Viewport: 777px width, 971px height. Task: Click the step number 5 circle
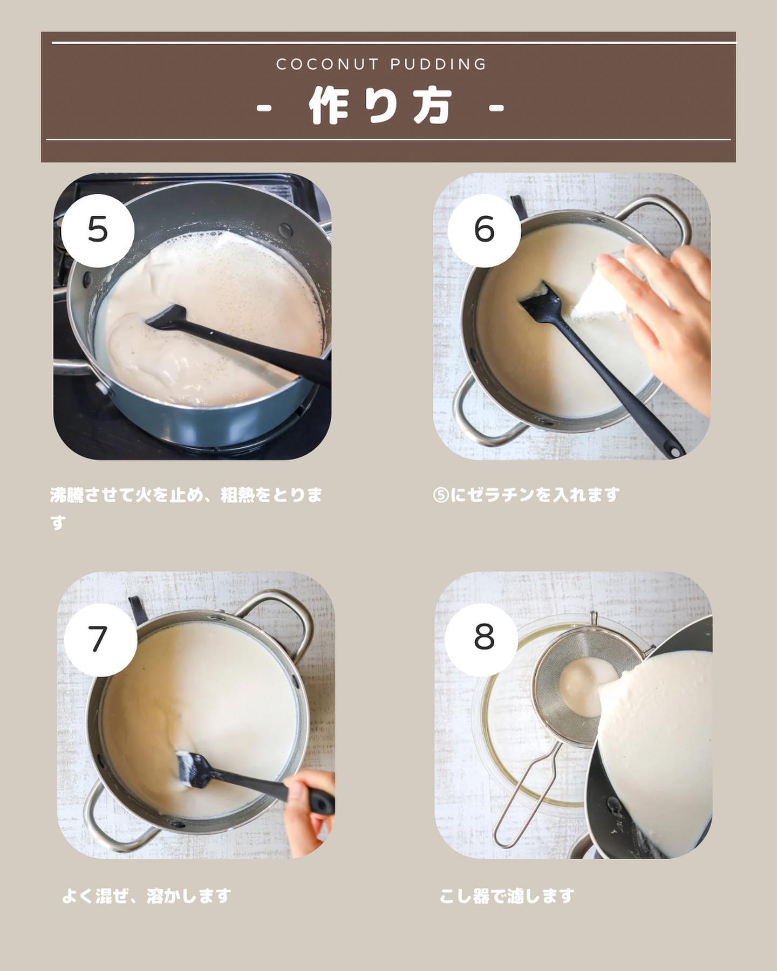pyautogui.click(x=98, y=230)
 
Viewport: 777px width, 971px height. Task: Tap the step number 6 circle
pyautogui.click(x=484, y=230)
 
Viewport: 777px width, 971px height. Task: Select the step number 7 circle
pyautogui.click(x=100, y=640)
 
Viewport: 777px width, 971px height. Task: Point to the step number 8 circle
pyautogui.click(x=484, y=637)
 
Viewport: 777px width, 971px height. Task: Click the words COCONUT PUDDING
pyautogui.click(x=381, y=65)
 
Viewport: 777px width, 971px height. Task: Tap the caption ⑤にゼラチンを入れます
pyautogui.click(x=526, y=495)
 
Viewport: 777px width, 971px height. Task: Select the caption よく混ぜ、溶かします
pyautogui.click(x=146, y=896)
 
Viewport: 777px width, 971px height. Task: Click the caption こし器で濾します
pyautogui.click(x=507, y=896)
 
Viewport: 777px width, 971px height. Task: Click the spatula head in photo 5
pyautogui.click(x=166, y=317)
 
